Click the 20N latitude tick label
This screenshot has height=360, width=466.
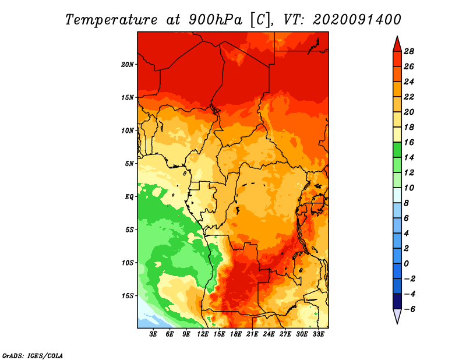click(x=127, y=65)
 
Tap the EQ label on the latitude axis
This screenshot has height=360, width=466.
click(x=129, y=197)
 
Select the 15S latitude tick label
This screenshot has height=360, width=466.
click(x=127, y=296)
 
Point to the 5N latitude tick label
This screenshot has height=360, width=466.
click(x=129, y=164)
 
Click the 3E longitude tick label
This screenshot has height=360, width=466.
click(x=153, y=334)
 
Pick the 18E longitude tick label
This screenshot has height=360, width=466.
click(x=236, y=334)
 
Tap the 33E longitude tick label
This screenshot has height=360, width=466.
click(x=318, y=334)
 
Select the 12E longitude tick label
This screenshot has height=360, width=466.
click(x=203, y=334)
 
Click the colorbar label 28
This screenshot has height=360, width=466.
click(x=409, y=51)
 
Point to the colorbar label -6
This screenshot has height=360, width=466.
click(x=409, y=309)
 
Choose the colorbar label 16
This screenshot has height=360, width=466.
click(x=409, y=142)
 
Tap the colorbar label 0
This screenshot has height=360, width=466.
click(x=406, y=264)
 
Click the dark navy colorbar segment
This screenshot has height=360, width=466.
click(x=397, y=301)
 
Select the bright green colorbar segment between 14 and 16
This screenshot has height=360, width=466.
click(x=397, y=150)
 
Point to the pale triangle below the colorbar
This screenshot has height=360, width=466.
click(x=397, y=316)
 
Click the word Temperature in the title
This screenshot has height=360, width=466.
click(x=111, y=20)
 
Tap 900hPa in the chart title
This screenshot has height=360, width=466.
click(x=216, y=20)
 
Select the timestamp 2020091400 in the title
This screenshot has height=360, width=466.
click(x=357, y=20)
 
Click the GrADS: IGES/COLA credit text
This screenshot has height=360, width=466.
click(x=33, y=355)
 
